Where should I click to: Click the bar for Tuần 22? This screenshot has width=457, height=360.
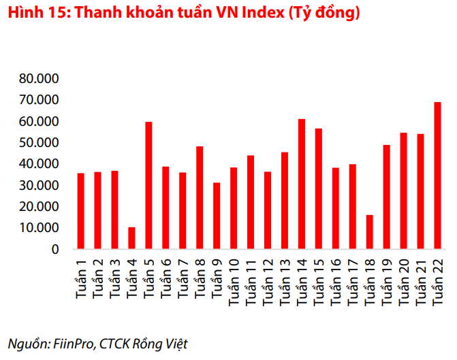click(x=438, y=176)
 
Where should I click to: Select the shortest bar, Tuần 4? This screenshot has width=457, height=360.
click(x=131, y=238)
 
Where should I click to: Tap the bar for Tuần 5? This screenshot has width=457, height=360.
click(x=148, y=185)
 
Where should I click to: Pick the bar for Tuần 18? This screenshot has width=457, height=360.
click(x=370, y=232)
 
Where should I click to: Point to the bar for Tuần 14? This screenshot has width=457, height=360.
click(x=302, y=184)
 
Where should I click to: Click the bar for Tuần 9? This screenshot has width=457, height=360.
click(x=217, y=216)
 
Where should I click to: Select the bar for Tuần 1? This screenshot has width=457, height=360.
click(x=81, y=211)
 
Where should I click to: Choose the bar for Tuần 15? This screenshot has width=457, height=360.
click(x=319, y=189)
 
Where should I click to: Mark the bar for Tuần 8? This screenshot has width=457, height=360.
click(x=200, y=197)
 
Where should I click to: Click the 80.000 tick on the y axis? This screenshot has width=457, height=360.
click(x=40, y=79)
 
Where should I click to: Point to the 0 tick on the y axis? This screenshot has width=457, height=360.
click(x=54, y=249)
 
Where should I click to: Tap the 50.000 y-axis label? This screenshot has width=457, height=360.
click(x=40, y=143)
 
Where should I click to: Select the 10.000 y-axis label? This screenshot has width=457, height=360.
click(x=40, y=228)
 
